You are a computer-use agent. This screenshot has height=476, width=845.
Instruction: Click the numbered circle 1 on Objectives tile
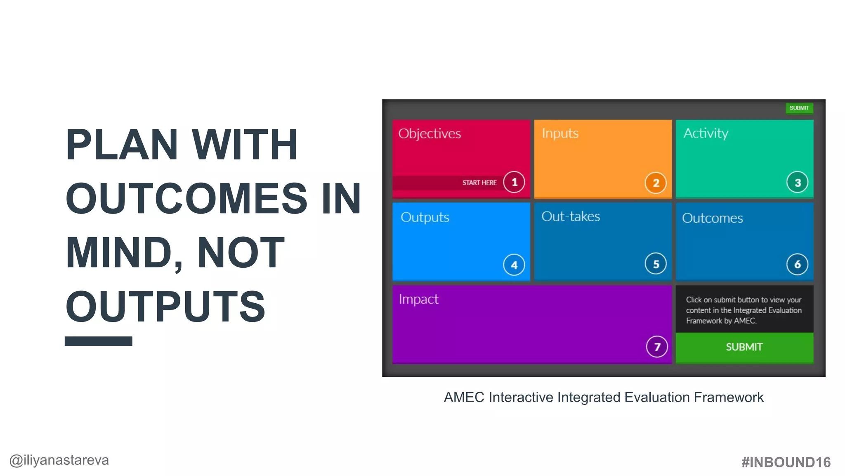point(514,182)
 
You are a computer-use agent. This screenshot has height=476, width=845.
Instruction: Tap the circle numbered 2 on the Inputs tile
point(656,183)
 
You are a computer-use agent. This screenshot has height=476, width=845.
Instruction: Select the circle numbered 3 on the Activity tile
point(797,183)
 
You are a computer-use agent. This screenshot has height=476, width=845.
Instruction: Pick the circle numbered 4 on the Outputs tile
point(514,265)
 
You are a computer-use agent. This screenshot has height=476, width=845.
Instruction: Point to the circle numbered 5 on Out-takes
point(656,264)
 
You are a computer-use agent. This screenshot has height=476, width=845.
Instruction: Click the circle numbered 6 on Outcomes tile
point(797,264)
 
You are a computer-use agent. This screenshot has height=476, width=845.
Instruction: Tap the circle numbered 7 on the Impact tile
point(657,347)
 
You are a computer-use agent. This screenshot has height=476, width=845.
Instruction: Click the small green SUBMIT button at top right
point(799,108)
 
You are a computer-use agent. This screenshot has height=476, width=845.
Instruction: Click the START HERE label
point(479,183)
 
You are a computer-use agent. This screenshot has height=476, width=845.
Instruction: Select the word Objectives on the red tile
point(430,133)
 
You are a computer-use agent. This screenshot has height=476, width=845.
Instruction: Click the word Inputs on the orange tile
point(560,133)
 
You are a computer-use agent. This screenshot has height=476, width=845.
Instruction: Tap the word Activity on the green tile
point(706,133)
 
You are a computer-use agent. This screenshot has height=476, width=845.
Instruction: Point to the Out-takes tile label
point(571,216)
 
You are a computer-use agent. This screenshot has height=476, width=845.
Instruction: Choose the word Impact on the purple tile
point(418,299)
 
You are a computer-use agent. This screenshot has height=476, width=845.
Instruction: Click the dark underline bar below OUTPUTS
point(98,341)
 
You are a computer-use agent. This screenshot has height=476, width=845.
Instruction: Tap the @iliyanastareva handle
point(59,460)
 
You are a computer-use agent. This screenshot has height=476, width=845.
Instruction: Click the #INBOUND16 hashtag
point(786,462)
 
